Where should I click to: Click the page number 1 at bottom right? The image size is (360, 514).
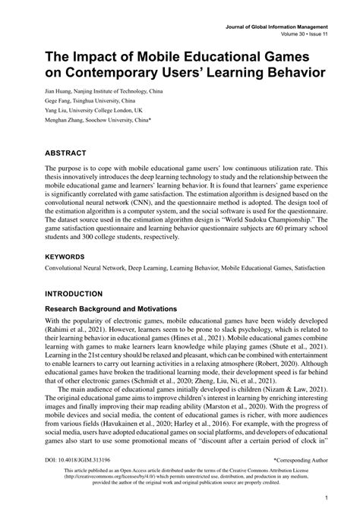click(325, 498)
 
